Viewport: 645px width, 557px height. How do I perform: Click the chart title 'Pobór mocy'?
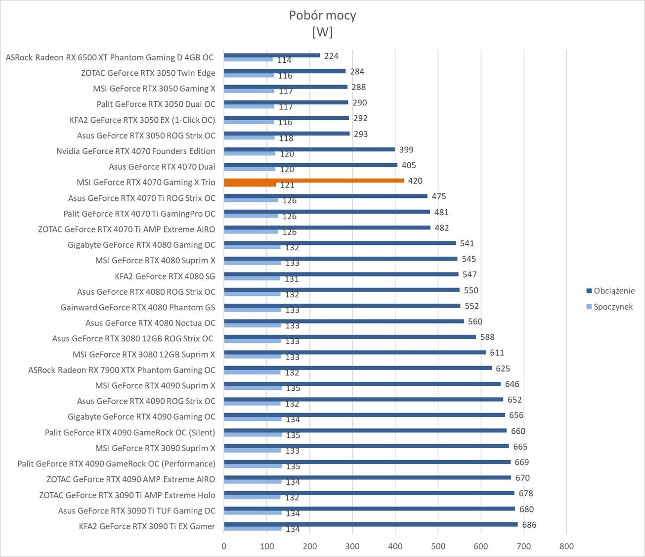(x=322, y=15)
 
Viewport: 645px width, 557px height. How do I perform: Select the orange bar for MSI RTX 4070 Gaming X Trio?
(x=314, y=181)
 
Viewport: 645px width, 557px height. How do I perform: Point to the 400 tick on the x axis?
(x=395, y=546)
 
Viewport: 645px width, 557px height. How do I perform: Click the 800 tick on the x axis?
(x=566, y=546)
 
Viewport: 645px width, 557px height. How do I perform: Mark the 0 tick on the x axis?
(x=224, y=546)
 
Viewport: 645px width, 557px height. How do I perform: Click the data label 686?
(x=529, y=525)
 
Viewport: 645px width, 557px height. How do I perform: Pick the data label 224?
(x=331, y=56)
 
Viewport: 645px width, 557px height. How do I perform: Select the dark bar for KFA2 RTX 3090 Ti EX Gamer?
(x=371, y=524)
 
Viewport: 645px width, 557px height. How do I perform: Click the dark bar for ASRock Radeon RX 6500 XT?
(x=272, y=55)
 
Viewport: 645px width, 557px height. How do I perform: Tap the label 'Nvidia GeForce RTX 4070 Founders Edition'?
(x=135, y=151)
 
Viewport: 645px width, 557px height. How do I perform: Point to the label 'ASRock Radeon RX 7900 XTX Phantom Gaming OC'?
(x=122, y=370)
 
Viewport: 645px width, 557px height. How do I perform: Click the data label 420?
(x=415, y=181)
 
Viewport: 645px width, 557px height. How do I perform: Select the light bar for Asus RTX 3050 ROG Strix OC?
(x=249, y=138)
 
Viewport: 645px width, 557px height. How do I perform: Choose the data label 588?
(x=487, y=337)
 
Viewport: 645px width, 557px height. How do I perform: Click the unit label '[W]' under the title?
(x=322, y=32)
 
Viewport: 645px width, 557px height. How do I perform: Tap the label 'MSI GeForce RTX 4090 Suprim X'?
(x=155, y=385)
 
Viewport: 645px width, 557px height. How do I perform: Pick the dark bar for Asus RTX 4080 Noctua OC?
(x=344, y=321)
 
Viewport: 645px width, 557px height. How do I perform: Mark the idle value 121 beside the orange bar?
(x=287, y=185)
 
